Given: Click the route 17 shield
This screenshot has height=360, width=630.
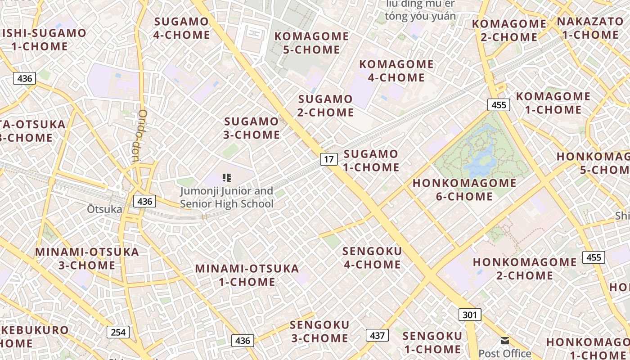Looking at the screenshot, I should point(329,159).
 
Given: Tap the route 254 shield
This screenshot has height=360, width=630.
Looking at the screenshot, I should point(118,332).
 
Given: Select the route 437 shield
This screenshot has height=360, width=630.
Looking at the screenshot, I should point(377,335).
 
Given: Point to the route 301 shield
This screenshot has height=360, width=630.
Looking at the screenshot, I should point(470,314).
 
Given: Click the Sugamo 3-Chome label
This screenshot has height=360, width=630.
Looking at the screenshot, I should point(252,128).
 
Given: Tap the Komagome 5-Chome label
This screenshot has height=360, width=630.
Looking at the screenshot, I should point(311,43).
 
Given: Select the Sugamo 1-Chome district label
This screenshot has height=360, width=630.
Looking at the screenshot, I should point(371,161).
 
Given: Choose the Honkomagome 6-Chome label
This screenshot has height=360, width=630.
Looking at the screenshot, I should point(464,189).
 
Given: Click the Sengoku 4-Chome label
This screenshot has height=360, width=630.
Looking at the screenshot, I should point(372,258).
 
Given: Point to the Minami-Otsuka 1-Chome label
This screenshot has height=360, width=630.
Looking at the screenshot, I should point(247,275).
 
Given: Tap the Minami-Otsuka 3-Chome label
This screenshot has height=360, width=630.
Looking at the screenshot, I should point(87,258).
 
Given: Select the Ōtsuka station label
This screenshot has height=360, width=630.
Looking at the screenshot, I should point(104,209).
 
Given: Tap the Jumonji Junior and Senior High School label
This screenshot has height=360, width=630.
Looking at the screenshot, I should point(227,197).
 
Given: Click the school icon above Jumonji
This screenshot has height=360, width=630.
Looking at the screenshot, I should point(227,178).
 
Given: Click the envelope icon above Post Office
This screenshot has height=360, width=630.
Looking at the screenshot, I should point(505,341).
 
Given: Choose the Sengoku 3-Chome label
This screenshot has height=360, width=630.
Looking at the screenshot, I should point(319,331).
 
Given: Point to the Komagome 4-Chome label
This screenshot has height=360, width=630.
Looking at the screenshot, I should point(396,71).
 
